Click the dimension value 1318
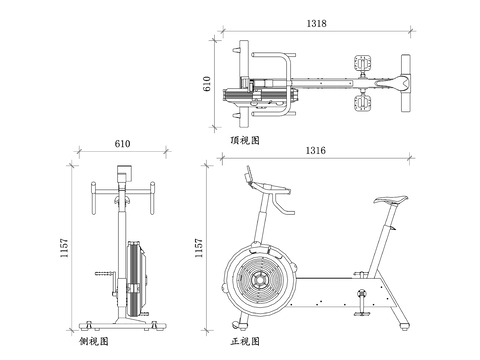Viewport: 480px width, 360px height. (x=316, y=23)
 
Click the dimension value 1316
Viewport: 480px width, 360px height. (x=316, y=150)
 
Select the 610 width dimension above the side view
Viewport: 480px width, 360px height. (x=122, y=144)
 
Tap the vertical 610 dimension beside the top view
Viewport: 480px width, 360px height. (x=207, y=84)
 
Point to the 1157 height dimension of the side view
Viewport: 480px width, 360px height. (x=64, y=248)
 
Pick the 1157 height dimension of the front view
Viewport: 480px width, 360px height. (x=199, y=248)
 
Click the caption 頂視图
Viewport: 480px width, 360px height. (x=245, y=140)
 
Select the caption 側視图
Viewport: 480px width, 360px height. (x=94, y=341)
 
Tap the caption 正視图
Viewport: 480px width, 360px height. (x=245, y=341)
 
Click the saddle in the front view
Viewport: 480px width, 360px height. (x=390, y=199)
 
